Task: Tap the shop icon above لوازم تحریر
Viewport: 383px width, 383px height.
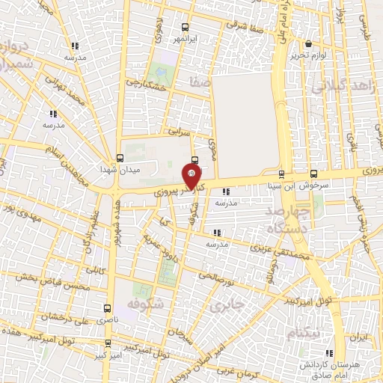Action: (x=307, y=43)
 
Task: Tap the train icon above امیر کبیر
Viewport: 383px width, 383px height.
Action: (x=110, y=343)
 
